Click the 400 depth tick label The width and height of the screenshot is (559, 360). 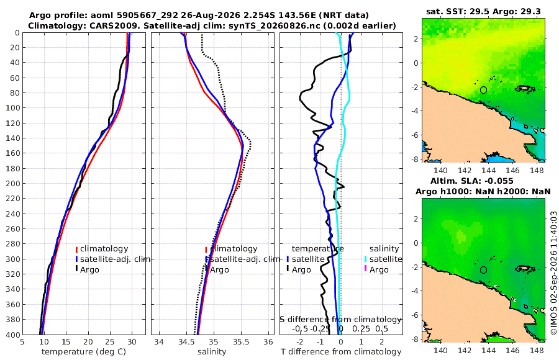[x=13, y=335]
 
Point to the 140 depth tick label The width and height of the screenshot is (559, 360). [x=13, y=138]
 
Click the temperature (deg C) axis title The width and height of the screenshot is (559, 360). [x=84, y=352]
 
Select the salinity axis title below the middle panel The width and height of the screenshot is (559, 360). [x=212, y=352]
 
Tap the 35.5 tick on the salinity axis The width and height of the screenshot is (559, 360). [x=241, y=342]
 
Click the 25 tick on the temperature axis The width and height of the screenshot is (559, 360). [x=110, y=342]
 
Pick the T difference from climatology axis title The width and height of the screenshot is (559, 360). [x=341, y=352]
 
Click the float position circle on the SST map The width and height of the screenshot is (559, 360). [x=483, y=90]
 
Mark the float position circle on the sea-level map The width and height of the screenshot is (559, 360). [x=483, y=270]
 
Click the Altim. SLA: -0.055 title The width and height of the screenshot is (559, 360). [x=471, y=181]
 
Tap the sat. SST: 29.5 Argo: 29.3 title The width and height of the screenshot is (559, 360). [x=483, y=11]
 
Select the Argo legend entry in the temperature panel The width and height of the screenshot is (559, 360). [x=87, y=269]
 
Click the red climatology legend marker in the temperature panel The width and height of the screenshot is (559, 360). [x=76, y=249]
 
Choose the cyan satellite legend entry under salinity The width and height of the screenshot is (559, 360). [x=383, y=259]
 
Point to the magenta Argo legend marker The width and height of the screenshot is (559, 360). [x=365, y=268]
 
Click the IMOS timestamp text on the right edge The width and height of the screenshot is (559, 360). [x=553, y=272]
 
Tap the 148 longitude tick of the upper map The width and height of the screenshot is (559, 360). [x=537, y=171]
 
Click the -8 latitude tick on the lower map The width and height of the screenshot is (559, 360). [x=415, y=339]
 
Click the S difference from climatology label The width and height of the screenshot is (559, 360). [x=340, y=320]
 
